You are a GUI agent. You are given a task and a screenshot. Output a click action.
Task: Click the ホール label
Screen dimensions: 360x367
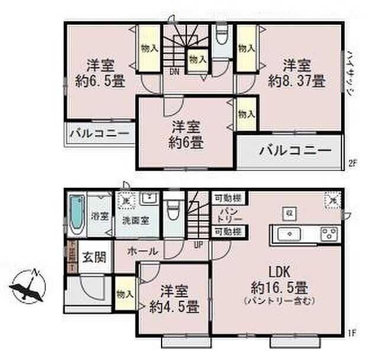142,251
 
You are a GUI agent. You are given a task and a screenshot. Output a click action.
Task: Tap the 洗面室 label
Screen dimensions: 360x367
136,220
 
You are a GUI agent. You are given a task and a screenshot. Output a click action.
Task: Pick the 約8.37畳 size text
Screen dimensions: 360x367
296,82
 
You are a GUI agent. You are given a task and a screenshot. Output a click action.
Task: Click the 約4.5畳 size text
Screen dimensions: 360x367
174,307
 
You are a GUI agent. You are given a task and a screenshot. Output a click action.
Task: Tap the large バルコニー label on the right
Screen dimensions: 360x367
294,151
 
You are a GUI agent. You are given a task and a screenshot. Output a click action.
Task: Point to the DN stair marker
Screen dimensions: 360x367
176,72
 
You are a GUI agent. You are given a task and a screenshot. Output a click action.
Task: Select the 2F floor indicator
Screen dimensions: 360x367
352,164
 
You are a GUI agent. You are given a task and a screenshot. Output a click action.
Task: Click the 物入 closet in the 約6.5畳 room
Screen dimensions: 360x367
149,49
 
